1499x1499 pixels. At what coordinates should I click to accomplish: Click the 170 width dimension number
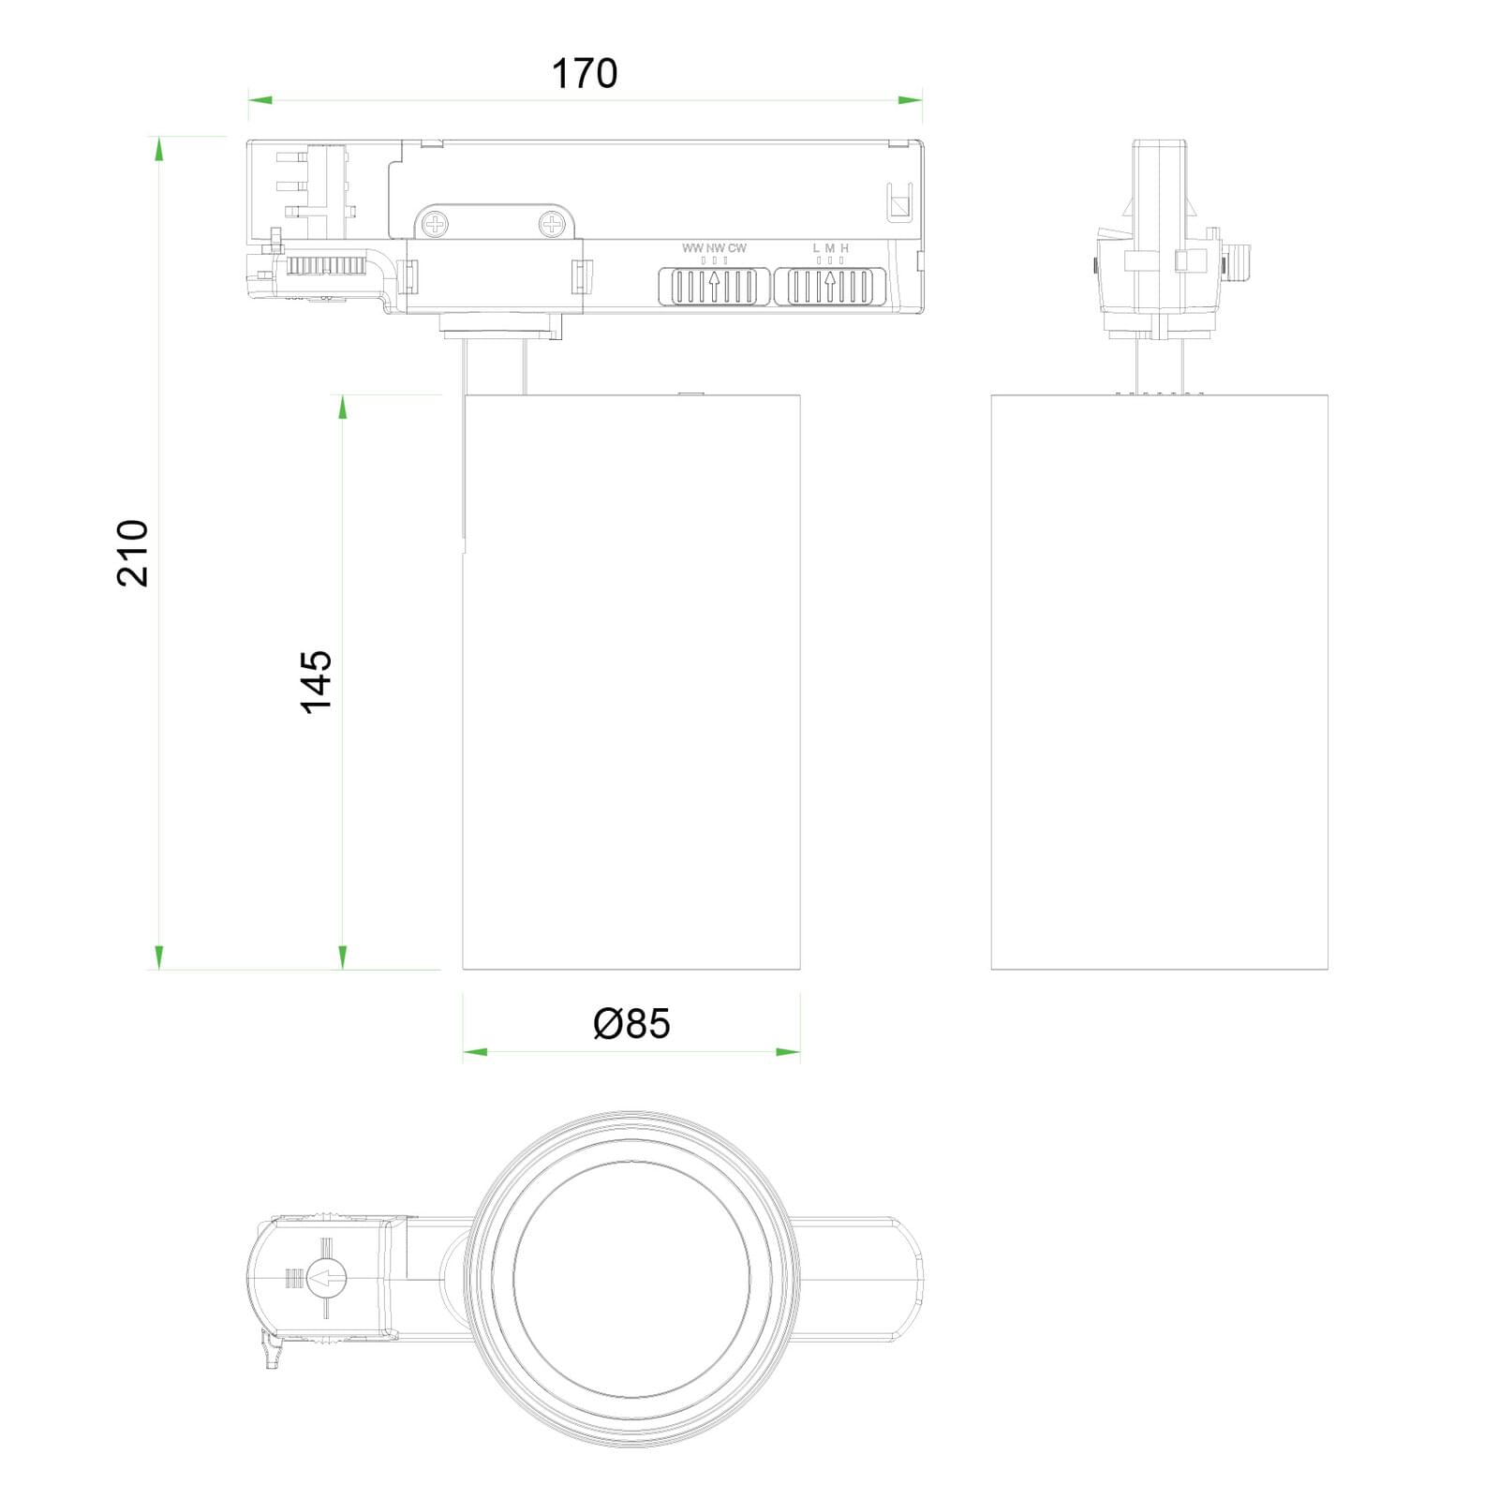585,74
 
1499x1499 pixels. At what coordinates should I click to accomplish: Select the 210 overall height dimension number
133,553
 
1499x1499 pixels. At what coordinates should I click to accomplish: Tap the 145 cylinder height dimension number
317,681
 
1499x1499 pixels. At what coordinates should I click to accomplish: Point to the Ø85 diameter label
631,1024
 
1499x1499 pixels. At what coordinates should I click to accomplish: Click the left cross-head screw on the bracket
435,224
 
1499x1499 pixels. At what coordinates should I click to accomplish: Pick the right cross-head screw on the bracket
553,224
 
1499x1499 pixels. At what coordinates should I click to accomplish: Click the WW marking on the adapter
692,248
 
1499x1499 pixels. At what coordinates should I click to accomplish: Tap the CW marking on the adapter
737,248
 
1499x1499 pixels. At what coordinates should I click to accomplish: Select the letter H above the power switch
844,248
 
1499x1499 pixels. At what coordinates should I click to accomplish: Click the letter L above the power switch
816,248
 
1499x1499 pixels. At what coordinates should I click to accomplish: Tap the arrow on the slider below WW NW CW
715,286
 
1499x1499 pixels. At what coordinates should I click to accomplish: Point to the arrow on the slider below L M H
830,286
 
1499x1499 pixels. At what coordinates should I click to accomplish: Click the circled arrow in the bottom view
327,1277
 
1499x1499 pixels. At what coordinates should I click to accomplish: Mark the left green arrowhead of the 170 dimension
260,99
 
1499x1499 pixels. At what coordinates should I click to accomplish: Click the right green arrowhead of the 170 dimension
910,99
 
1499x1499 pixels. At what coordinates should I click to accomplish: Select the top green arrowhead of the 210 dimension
159,149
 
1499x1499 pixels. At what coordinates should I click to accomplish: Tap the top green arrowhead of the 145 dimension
343,407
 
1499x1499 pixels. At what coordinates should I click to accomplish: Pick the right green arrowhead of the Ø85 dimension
788,1052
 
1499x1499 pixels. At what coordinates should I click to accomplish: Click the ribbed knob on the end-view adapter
1239,260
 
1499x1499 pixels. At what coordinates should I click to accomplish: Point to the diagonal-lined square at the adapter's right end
900,205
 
